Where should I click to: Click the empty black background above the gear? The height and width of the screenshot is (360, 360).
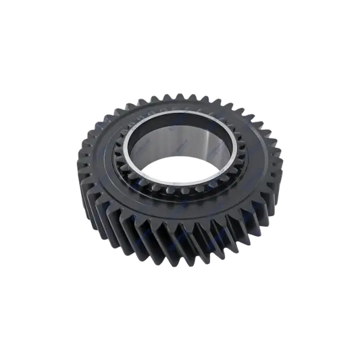(x=180, y=41)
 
